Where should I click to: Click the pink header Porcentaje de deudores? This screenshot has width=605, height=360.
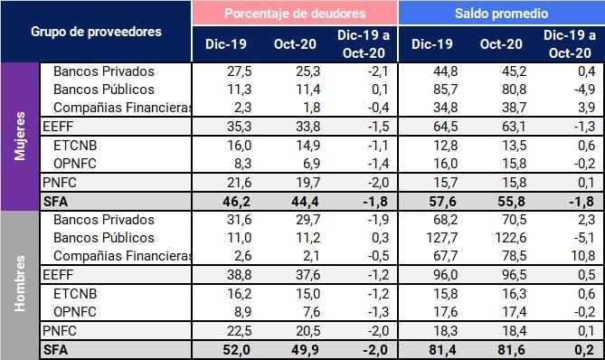294,13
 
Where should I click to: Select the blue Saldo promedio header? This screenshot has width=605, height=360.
500,13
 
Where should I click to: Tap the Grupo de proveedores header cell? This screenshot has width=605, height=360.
96,32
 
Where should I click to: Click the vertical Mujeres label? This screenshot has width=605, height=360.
20,137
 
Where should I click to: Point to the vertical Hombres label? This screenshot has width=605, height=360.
20,285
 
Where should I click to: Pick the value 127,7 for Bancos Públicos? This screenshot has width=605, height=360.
432,238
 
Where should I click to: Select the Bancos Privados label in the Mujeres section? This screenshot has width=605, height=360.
104,71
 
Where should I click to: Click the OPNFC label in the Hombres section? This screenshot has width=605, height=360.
76,312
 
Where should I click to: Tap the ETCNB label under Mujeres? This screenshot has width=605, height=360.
76,146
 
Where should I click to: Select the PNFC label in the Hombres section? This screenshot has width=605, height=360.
61,331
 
